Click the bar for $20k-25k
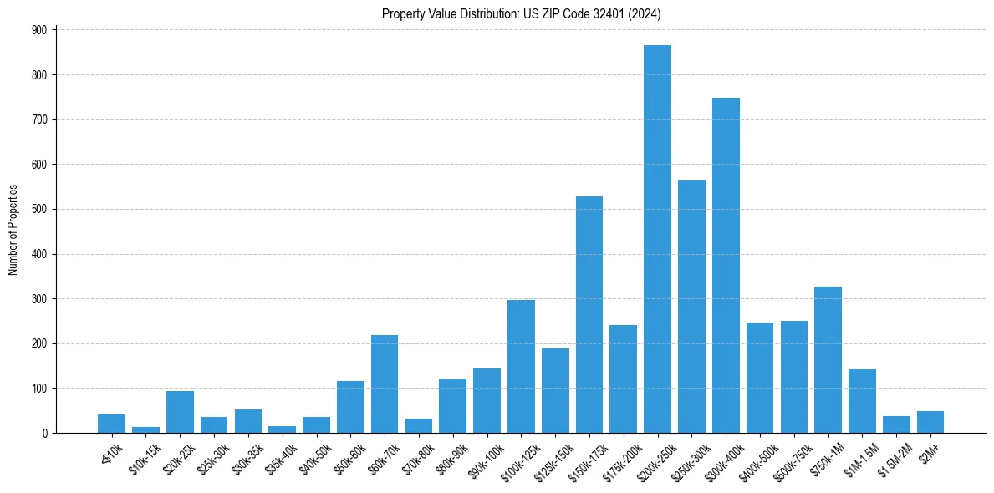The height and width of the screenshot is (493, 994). [180, 412]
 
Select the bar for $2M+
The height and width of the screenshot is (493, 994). [930, 422]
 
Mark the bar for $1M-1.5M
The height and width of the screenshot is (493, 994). [862, 401]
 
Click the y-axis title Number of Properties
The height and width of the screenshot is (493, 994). [13, 230]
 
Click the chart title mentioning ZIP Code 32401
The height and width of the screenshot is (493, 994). [521, 13]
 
